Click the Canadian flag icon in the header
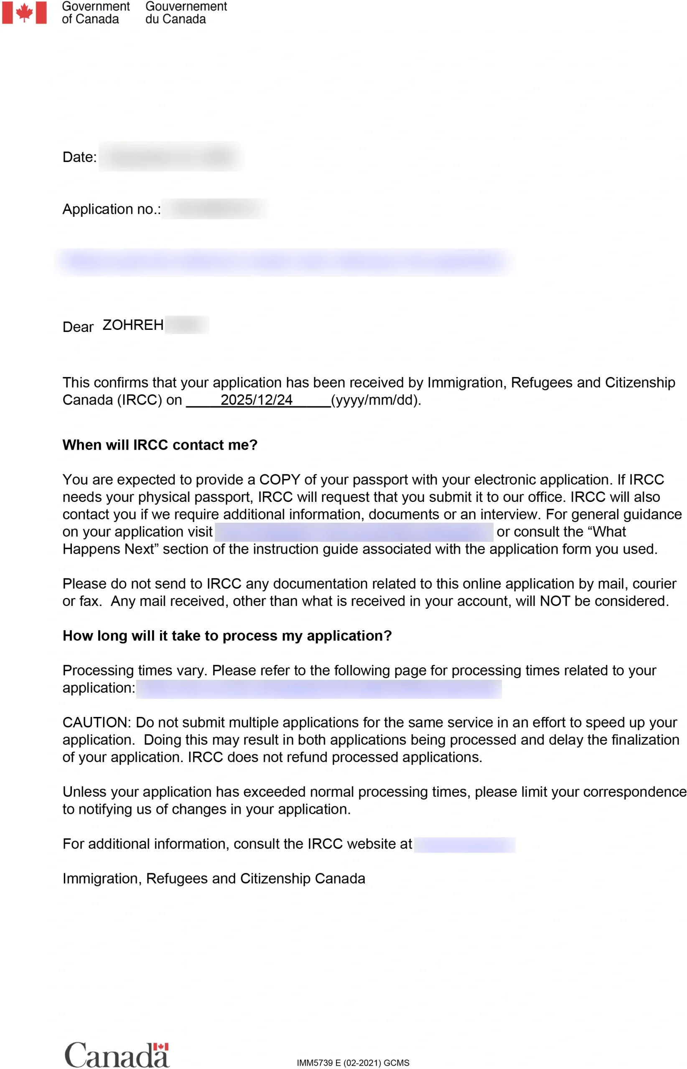(24, 13)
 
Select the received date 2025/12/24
(257, 400)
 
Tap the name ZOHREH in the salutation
(133, 325)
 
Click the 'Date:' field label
(79, 157)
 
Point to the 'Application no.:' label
(112, 209)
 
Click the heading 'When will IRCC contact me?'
(160, 445)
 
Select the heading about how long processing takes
(227, 636)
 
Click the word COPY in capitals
(280, 480)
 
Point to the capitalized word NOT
(555, 601)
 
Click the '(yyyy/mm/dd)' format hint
(376, 400)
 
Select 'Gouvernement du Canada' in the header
(186, 13)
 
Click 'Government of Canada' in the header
(95, 13)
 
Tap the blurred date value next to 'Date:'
(171, 157)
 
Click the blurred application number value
(216, 209)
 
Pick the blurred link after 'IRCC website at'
(464, 845)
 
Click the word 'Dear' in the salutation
(78, 327)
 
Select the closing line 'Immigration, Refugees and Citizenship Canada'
(214, 878)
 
